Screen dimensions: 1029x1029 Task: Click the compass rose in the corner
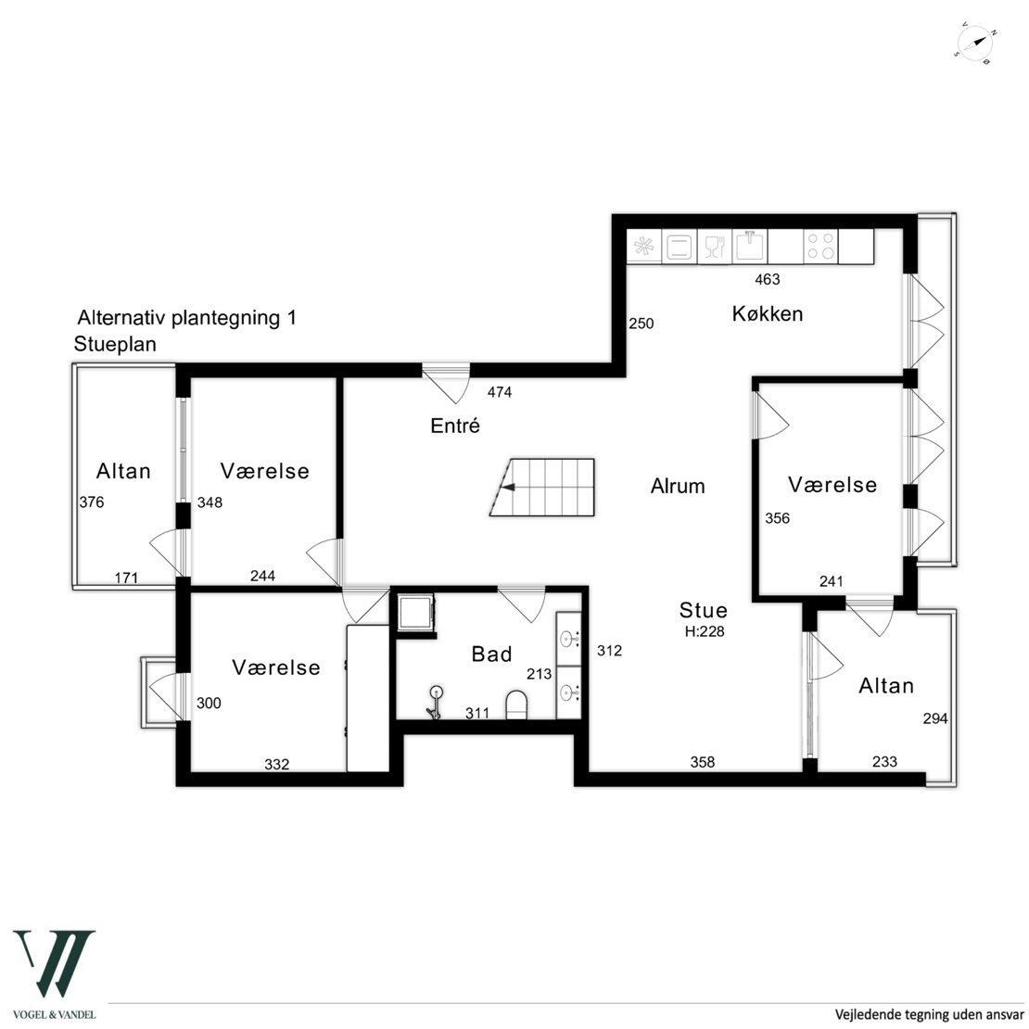coord(975,44)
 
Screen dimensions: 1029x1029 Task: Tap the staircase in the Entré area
coord(542,488)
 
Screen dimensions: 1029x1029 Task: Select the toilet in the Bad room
coord(516,705)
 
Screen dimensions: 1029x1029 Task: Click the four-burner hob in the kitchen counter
coord(820,246)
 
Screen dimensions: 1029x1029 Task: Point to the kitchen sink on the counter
coord(750,246)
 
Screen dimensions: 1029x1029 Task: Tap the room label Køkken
coord(768,313)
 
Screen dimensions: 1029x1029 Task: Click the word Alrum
coord(678,487)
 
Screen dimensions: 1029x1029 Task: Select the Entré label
coord(455,426)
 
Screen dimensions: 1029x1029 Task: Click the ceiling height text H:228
coord(705,632)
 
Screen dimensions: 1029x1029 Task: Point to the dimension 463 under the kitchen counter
coord(768,280)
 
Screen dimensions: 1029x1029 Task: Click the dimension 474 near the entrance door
coord(500,392)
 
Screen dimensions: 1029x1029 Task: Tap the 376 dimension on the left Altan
coord(92,502)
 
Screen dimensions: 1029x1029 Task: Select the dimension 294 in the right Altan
coord(935,719)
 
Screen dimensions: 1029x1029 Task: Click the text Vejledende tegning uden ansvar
coord(929,1014)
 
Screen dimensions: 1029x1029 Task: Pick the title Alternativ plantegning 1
coord(187,318)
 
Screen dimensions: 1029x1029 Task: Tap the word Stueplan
coord(115,344)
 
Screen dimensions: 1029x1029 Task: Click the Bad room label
coord(491,654)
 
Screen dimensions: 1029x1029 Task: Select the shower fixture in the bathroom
coord(435,702)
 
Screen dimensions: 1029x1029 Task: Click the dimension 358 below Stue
coord(702,763)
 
